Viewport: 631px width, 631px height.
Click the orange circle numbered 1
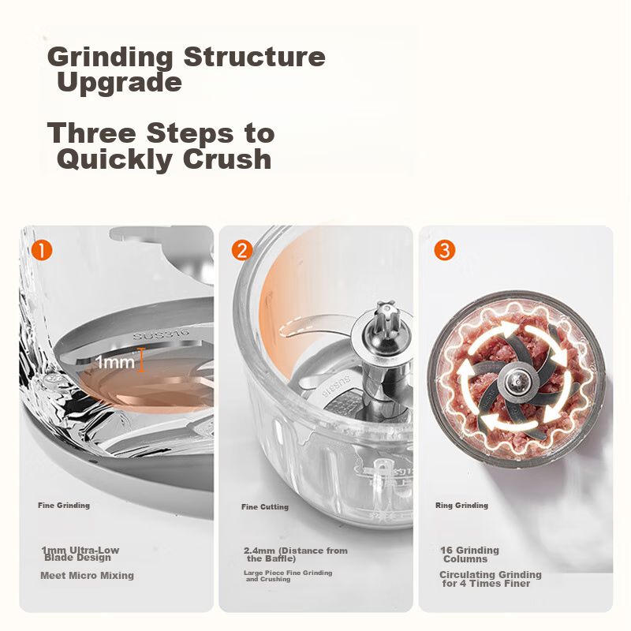[x=42, y=250]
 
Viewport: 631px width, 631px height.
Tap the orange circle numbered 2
[x=242, y=250]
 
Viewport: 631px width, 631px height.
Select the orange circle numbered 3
[x=445, y=250]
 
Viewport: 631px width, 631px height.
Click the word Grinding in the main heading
[x=110, y=57]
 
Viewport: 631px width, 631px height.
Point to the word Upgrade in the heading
[x=120, y=82]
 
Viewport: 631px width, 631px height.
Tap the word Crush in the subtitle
[x=227, y=159]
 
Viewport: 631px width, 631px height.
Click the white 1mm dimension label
[x=115, y=362]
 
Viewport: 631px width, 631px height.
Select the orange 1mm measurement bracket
[x=141, y=360]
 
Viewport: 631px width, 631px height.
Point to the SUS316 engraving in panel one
[x=162, y=334]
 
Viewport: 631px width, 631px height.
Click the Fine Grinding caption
[x=64, y=506]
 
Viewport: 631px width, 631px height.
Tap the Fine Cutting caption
[x=265, y=507]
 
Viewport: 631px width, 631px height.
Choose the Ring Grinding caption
[x=461, y=506]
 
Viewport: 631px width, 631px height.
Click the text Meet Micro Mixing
[x=87, y=576]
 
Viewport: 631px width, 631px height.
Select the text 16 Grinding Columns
[x=469, y=554]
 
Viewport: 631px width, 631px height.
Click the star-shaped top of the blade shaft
[x=387, y=310]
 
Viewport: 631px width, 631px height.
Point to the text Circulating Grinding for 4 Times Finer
[x=491, y=579]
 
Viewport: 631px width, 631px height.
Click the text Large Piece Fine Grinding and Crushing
[x=288, y=576]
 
